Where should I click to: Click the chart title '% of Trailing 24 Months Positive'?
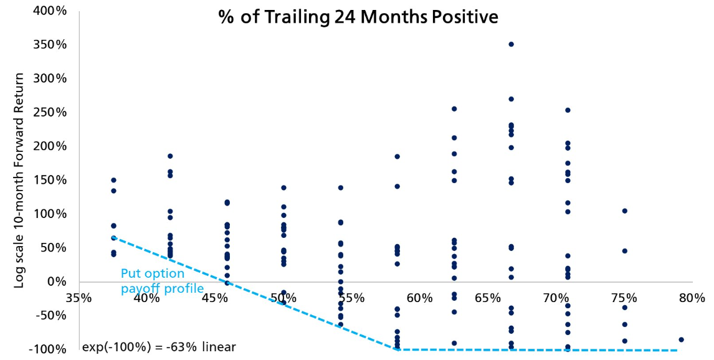point(358,17)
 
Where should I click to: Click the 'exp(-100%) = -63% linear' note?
point(159,347)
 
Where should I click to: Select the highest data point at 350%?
point(511,44)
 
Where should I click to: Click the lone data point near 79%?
point(681,339)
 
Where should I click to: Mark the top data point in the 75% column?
point(624,211)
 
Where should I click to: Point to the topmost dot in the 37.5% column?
point(113,180)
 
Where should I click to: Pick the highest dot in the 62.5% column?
point(454,109)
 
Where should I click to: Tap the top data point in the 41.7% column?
point(170,156)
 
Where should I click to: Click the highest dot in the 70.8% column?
point(568,110)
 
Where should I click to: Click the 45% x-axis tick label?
point(215,298)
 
